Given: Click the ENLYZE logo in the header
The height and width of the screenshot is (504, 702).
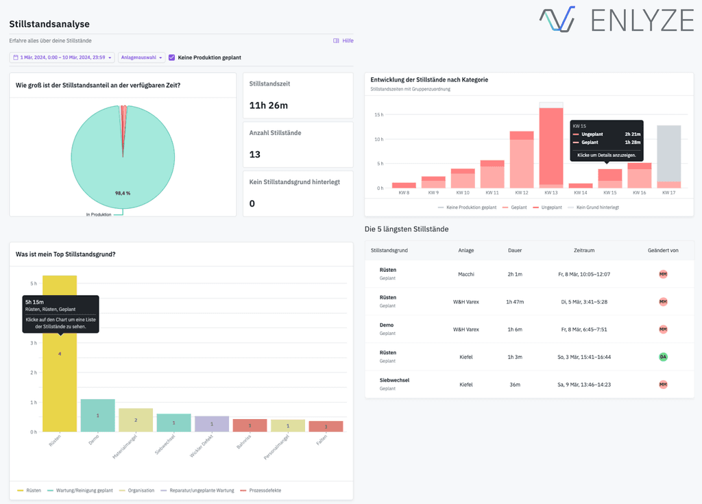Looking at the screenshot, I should (616, 20).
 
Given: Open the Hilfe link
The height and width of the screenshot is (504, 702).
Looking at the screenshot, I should (343, 41).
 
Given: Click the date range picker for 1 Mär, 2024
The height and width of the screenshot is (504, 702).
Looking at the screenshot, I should (62, 58).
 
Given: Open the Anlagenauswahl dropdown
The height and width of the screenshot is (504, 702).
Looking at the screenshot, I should (142, 58).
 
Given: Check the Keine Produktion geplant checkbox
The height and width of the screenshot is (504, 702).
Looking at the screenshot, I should (172, 58).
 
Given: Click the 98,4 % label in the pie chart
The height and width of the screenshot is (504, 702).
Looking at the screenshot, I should (123, 193).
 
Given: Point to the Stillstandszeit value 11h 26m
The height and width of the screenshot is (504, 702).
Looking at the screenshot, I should (269, 105).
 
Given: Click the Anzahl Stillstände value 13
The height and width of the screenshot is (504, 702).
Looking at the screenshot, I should (254, 154).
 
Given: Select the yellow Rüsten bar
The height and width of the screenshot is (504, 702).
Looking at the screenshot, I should (60, 383).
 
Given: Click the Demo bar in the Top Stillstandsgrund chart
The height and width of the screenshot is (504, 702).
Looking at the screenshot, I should (97, 416).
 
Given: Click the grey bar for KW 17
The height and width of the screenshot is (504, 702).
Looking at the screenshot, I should (668, 153).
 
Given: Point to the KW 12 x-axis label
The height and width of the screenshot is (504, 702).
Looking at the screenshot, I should (522, 193).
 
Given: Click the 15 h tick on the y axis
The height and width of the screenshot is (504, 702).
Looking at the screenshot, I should (378, 115).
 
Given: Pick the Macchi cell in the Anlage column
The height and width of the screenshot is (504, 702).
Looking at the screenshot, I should (466, 274).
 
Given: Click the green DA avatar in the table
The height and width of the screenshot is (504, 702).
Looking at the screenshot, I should (663, 357).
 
